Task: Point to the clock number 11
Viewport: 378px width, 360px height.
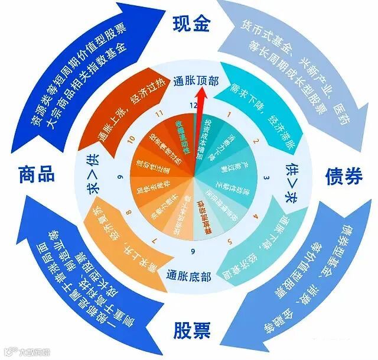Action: pos(158,112)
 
